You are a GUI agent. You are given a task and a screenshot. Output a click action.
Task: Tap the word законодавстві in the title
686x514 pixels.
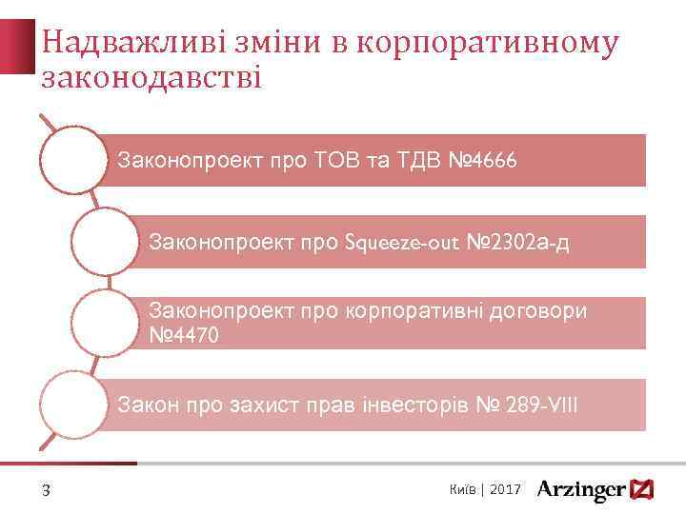pyautogui.click(x=151, y=76)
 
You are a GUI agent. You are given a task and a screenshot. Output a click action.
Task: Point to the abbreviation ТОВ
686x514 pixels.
pyautogui.click(x=343, y=161)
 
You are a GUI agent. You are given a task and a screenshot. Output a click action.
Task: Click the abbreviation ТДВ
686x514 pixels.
pyautogui.click(x=414, y=161)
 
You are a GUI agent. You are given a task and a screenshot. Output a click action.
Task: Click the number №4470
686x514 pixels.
pyautogui.click(x=188, y=334)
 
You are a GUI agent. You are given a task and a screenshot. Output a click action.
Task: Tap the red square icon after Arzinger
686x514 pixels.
pyautogui.click(x=643, y=489)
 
